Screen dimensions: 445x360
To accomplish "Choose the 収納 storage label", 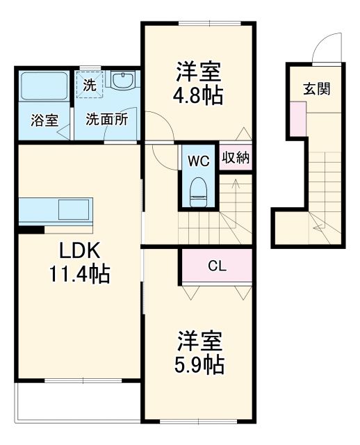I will tap(236, 157).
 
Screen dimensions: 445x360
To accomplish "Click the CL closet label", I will tap(216, 265).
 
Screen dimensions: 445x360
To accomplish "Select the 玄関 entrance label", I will tap(316, 88).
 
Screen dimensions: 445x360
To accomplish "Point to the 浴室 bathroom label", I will tap(44, 120).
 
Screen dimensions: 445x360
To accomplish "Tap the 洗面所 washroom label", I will tap(106, 119).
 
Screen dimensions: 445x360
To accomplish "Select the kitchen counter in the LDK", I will tap(60, 209).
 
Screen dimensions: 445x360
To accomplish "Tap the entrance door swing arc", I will tap(322, 49).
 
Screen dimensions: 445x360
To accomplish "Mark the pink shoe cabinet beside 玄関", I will tap(298, 119).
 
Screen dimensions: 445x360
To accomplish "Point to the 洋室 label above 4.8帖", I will tap(199, 72).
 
